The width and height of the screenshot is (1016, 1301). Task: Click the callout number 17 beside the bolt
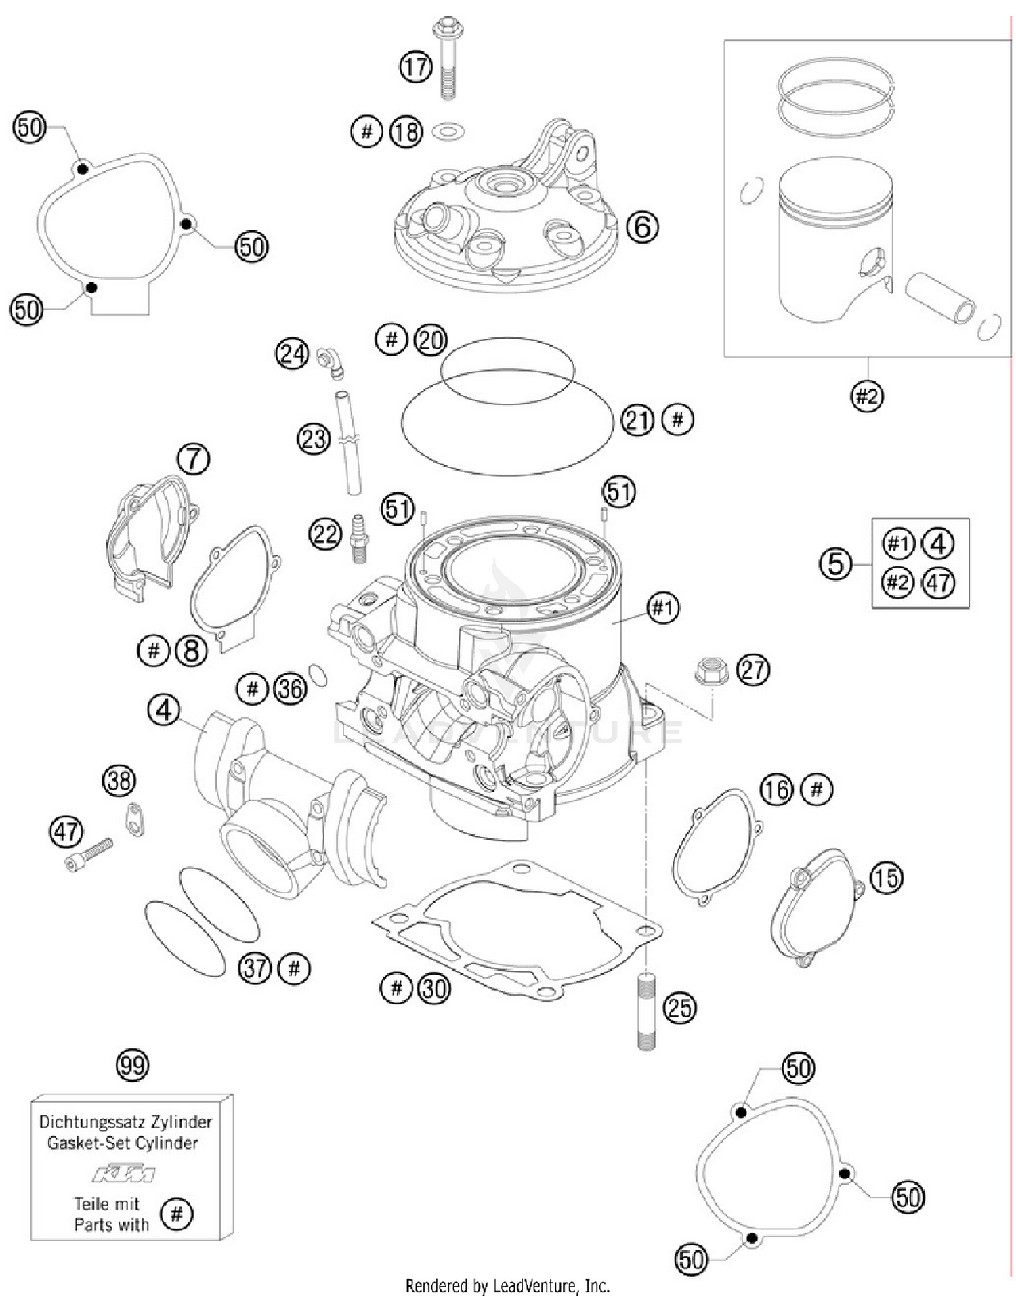(x=415, y=66)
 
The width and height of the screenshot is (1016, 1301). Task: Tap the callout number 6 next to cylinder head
(x=641, y=226)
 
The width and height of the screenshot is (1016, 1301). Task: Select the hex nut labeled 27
(x=711, y=670)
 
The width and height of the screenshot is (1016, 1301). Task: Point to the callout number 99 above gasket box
(x=132, y=1065)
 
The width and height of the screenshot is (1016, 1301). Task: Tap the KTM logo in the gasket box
(x=124, y=1173)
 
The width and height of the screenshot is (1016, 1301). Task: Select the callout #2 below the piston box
(x=866, y=396)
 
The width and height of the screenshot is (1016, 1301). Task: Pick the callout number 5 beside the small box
(x=835, y=563)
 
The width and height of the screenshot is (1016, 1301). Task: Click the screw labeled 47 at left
(x=89, y=855)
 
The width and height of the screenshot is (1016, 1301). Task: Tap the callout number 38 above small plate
(x=119, y=780)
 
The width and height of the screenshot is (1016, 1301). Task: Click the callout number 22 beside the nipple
(x=325, y=534)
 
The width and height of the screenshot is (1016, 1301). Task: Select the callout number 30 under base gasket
(x=433, y=988)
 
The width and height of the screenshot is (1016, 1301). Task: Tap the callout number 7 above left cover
(x=194, y=458)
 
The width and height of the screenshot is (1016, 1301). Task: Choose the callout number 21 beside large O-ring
(x=637, y=420)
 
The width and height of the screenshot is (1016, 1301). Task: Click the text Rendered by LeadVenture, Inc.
(x=507, y=1285)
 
